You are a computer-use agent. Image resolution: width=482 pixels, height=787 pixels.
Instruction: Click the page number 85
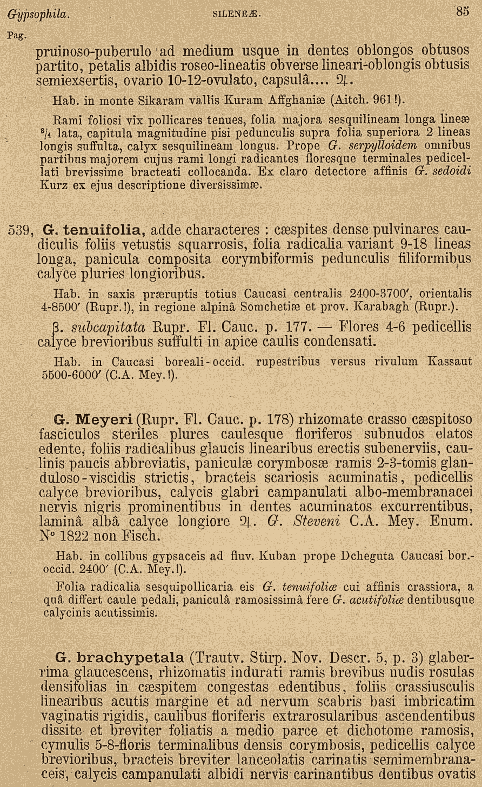(x=462, y=11)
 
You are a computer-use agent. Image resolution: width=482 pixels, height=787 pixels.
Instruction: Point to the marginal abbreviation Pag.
(x=15, y=36)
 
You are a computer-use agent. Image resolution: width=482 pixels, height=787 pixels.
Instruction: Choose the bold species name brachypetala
(x=131, y=658)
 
